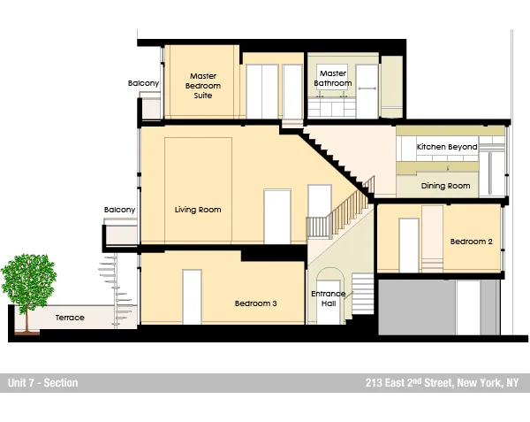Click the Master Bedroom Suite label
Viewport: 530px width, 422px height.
tap(202, 85)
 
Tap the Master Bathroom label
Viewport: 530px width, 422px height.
tap(334, 79)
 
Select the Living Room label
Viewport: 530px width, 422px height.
tap(198, 210)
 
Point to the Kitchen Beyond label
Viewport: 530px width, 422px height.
tap(447, 147)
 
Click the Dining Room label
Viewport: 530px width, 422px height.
tap(445, 186)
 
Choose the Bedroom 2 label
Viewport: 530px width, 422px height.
tap(471, 242)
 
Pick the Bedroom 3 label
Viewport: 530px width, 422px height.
tap(256, 303)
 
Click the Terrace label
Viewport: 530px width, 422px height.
tap(70, 318)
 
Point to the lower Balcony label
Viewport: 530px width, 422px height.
tap(120, 210)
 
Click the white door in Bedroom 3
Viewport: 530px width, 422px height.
tap(192, 296)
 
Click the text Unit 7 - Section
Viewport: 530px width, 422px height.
tap(42, 383)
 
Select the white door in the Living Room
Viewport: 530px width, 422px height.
tap(276, 217)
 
